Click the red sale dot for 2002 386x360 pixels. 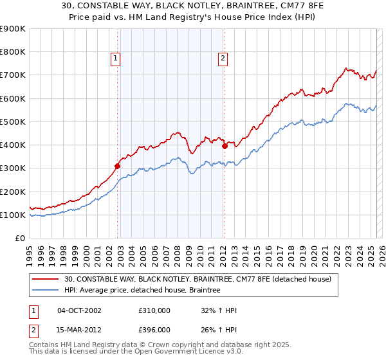[x=118, y=166]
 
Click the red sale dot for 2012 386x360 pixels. [x=225, y=146]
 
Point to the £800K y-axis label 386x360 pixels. [x=13, y=52]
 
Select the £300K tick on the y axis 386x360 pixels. [x=13, y=168]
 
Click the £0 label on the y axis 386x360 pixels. [x=19, y=239]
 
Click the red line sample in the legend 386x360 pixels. [x=46, y=279]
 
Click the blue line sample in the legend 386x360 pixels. [x=46, y=291]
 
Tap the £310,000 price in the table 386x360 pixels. [x=154, y=310]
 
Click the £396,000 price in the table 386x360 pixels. [x=154, y=330]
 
